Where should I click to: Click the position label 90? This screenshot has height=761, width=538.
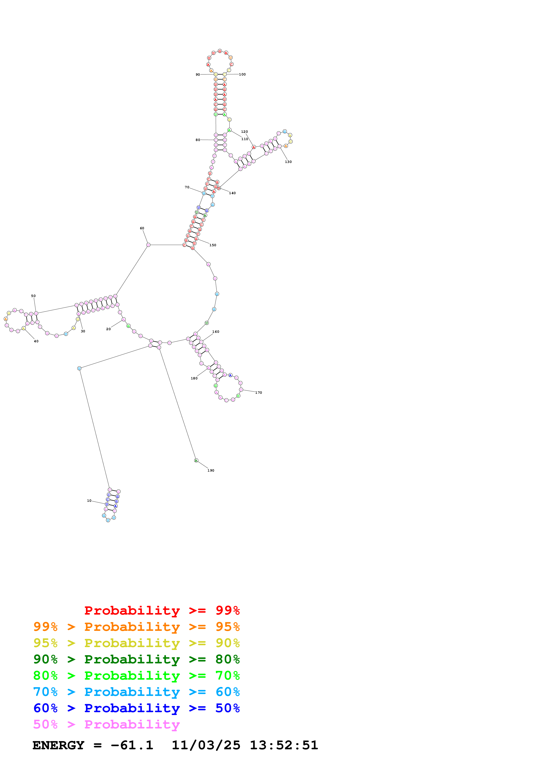pos(197,75)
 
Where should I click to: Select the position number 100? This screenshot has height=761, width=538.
pos(242,74)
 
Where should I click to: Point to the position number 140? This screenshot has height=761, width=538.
pos(232,193)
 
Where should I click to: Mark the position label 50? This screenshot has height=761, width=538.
pos(33,296)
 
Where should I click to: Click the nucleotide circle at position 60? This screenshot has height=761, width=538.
pos(148,245)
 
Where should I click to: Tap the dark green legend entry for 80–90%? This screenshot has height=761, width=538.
pos(136,659)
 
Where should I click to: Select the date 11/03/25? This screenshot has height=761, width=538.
pos(206,745)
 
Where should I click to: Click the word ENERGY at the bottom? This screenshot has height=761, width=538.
pos(58,745)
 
